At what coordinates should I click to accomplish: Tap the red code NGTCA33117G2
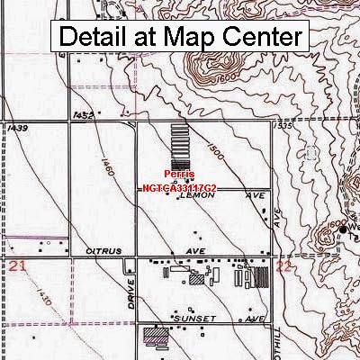[177, 190]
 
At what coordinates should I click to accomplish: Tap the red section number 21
[16, 266]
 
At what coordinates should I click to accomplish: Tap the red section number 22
[283, 266]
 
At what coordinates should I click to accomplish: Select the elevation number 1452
[85, 115]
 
